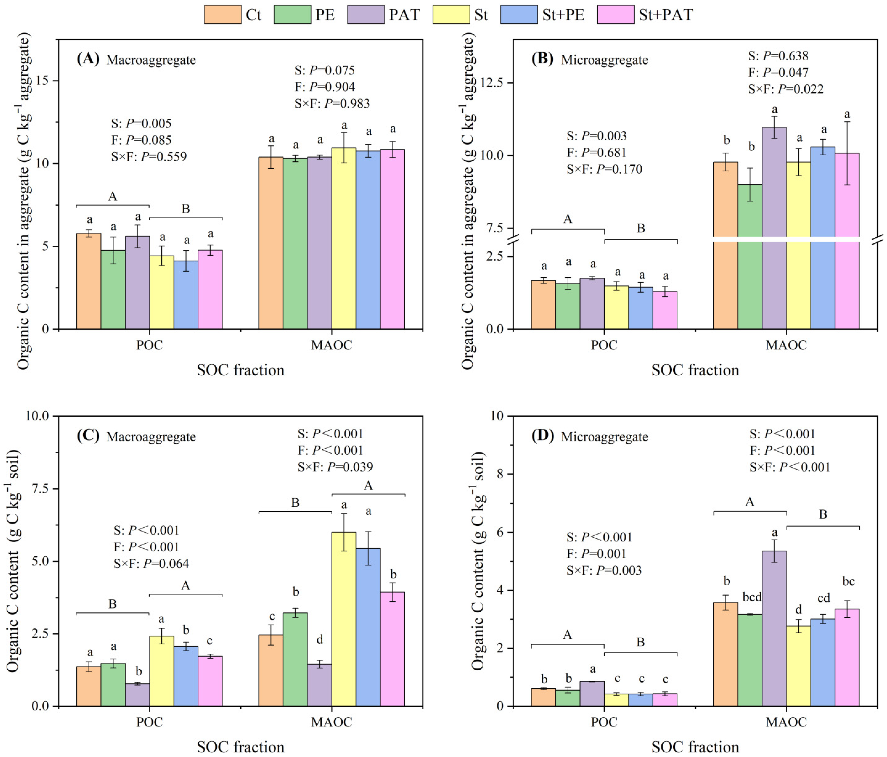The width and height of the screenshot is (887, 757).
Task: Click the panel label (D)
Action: click(x=542, y=436)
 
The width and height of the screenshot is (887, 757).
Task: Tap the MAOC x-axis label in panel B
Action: click(x=786, y=345)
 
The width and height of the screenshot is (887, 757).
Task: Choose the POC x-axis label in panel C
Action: click(x=149, y=722)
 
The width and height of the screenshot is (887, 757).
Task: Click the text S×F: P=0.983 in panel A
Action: click(x=332, y=103)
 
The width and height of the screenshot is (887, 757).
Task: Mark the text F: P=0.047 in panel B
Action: click(x=778, y=72)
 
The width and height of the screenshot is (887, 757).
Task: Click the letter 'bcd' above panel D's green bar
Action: click(x=752, y=597)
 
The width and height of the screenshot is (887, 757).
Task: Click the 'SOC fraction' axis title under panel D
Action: click(x=695, y=747)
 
